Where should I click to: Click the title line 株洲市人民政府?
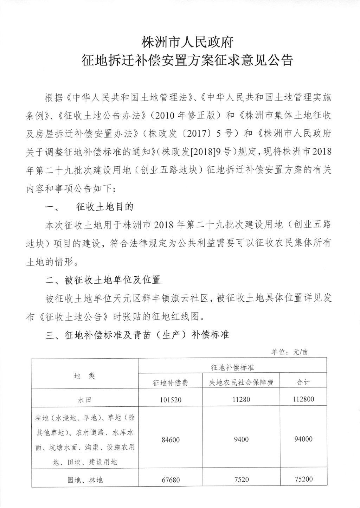pos(187,43)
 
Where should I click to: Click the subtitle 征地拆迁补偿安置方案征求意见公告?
pos(187,60)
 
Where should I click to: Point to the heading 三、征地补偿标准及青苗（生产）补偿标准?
pos(137,335)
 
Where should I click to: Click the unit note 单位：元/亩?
pos(290,352)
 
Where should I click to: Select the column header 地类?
pos(84,376)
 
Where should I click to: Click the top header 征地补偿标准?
pos(232,367)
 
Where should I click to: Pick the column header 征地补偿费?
pos(171,382)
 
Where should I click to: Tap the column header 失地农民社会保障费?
pos(241,382)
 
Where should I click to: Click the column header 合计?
pos(303,382)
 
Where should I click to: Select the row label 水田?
pos(85,400)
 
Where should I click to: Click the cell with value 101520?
pos(171,399)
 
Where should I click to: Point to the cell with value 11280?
pos(241,399)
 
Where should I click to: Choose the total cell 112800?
pos(303,399)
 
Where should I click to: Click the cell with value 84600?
pos(171,439)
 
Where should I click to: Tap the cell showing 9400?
pos(241,439)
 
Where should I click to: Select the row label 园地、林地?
pos(85,480)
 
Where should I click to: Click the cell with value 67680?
pos(171,480)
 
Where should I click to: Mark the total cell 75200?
pos(303,479)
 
